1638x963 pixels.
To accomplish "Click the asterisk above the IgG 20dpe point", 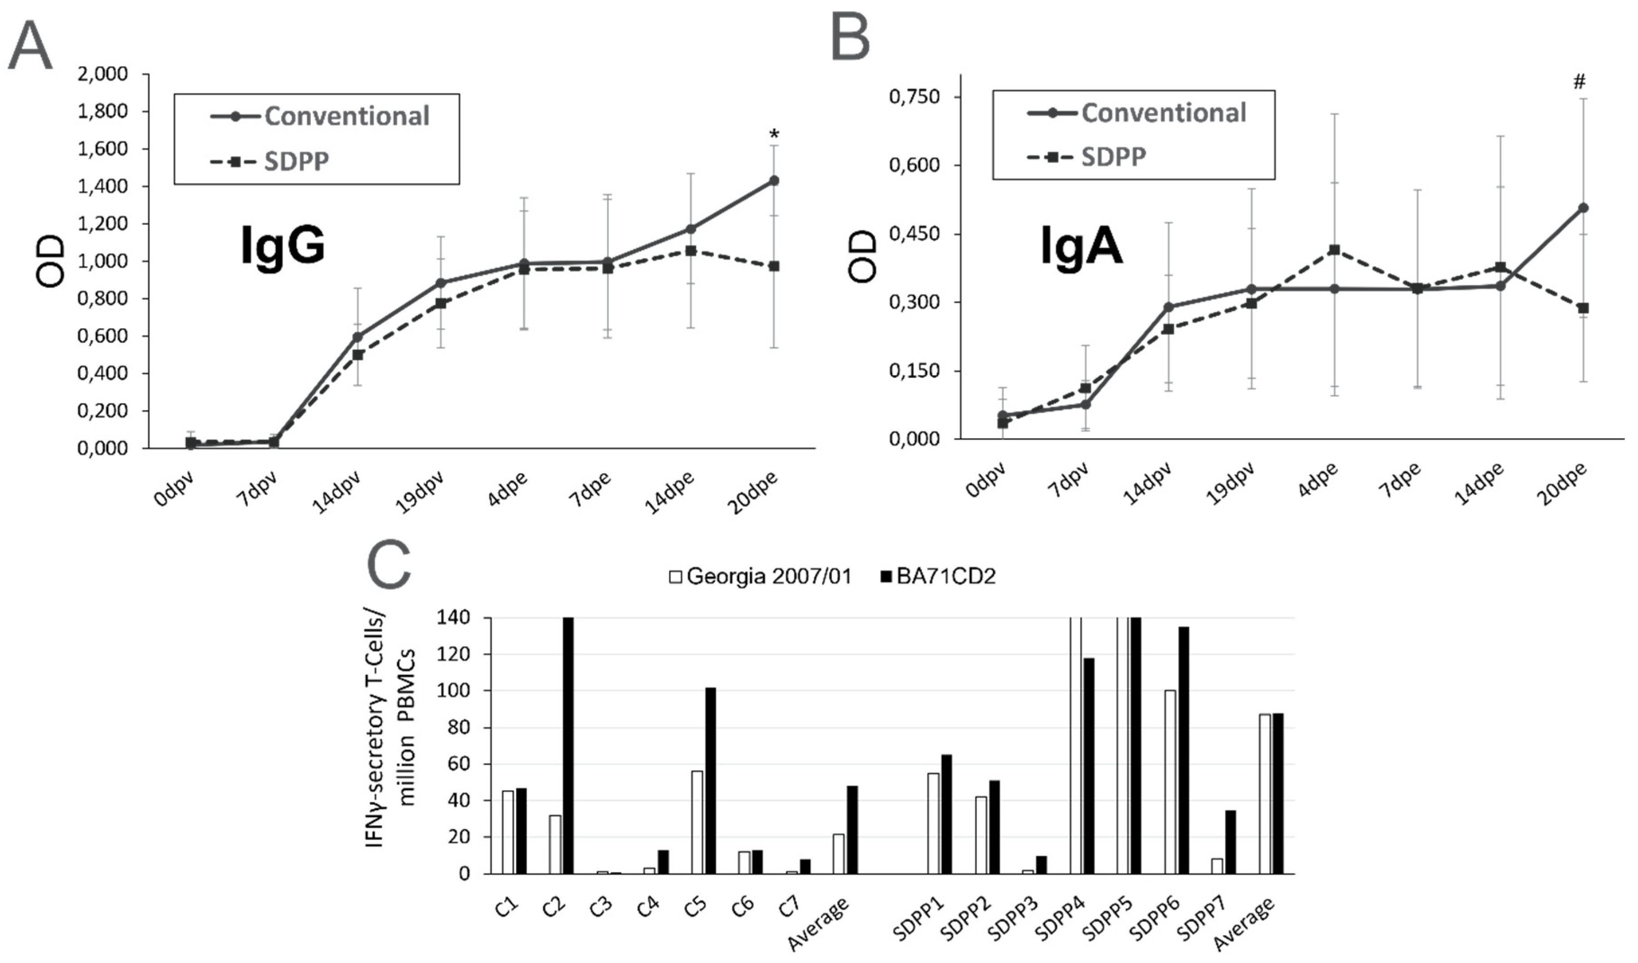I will point(773,135).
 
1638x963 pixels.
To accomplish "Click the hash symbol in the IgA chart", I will point(1580,82).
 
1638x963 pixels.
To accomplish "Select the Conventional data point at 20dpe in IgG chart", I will point(773,181).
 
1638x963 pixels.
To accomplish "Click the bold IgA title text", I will point(1081,247).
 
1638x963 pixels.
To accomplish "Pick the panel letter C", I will point(389,565).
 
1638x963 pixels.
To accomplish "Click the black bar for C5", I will point(710,780).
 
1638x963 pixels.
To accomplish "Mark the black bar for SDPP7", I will point(1230,842).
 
